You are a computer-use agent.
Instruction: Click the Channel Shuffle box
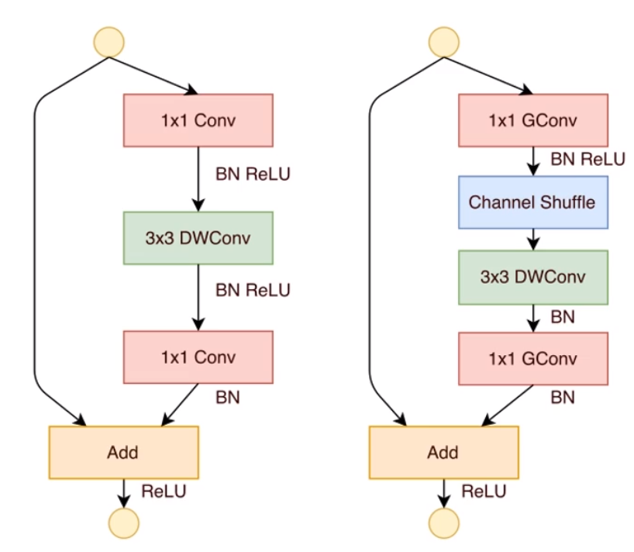tap(532, 202)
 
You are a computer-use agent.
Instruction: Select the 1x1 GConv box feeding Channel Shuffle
tap(532, 120)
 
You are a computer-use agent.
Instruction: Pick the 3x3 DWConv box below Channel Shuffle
tap(532, 277)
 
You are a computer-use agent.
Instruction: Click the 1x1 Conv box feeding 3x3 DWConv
tap(198, 120)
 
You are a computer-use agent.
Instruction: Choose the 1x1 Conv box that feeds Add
tap(198, 357)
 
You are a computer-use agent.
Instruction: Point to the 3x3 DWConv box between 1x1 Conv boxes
tap(198, 238)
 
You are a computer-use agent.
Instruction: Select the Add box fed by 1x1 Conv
tap(124, 451)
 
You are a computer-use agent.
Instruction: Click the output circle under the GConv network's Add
tap(443, 521)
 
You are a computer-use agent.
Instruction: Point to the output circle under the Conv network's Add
tap(124, 521)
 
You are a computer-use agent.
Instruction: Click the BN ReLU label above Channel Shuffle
tap(587, 159)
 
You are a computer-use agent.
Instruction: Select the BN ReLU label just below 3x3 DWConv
tap(253, 291)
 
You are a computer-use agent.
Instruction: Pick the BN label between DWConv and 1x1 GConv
tap(562, 316)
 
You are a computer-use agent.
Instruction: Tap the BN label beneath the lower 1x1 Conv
tap(228, 397)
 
